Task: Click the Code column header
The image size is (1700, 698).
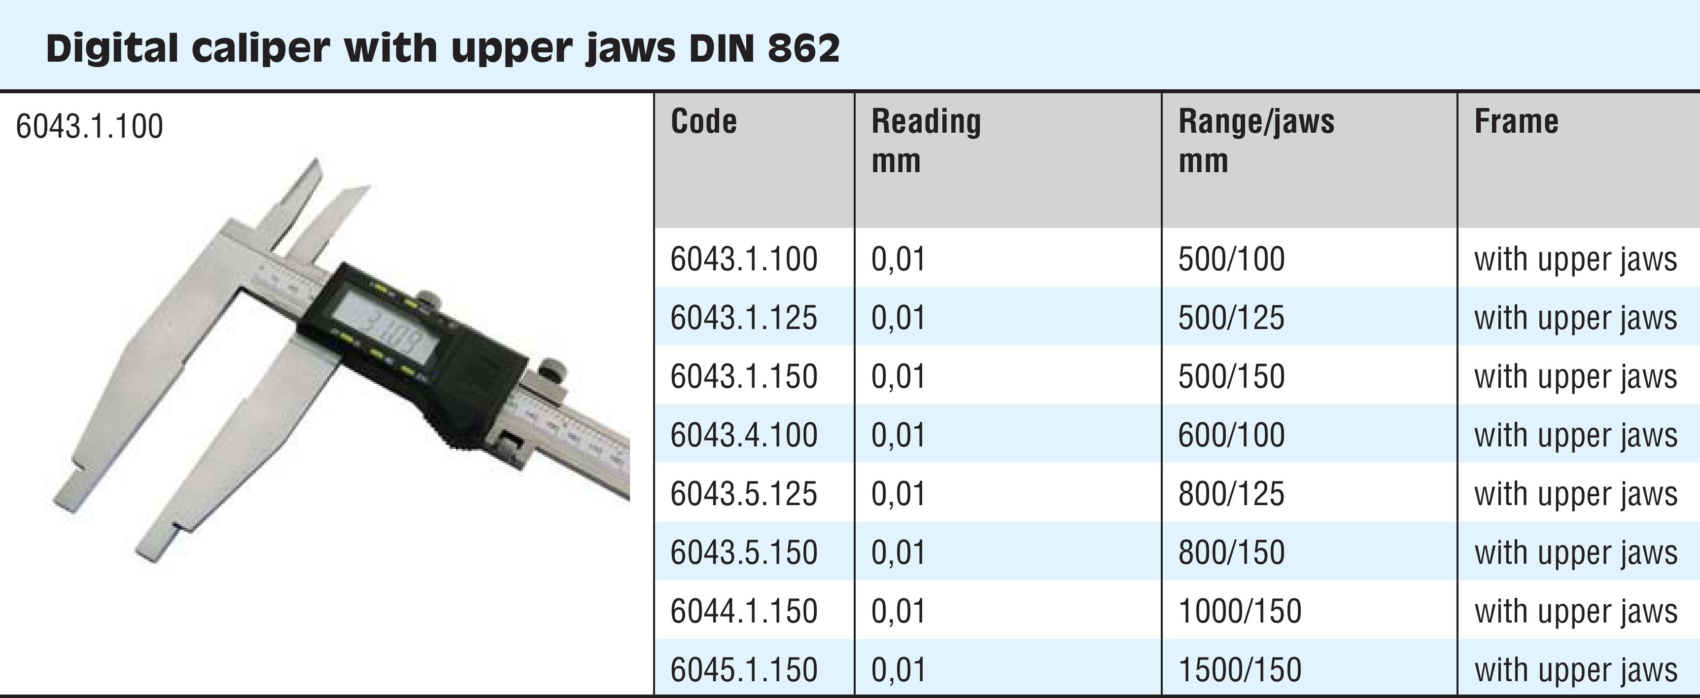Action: [x=703, y=122]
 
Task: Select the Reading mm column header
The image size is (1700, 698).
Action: [x=926, y=141]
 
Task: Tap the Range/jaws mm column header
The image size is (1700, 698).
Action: [x=1256, y=141]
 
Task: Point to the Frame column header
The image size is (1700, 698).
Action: [x=1516, y=122]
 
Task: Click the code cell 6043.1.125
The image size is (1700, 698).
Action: [x=744, y=318]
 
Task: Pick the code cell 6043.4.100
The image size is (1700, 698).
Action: [x=744, y=435]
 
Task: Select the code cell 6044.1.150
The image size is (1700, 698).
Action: [x=744, y=612]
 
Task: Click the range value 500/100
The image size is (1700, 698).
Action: [x=1231, y=259]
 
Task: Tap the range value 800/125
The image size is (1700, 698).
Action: [x=1231, y=494]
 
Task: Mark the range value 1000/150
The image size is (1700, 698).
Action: [x=1239, y=612]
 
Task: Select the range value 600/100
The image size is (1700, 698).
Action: [x=1231, y=435]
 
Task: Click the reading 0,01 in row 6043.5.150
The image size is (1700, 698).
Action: [x=898, y=552]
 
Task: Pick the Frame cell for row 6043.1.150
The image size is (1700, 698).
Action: [x=1575, y=377]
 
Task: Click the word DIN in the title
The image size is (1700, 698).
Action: [x=721, y=48]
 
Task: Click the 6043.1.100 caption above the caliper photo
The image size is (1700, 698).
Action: [x=89, y=126]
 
